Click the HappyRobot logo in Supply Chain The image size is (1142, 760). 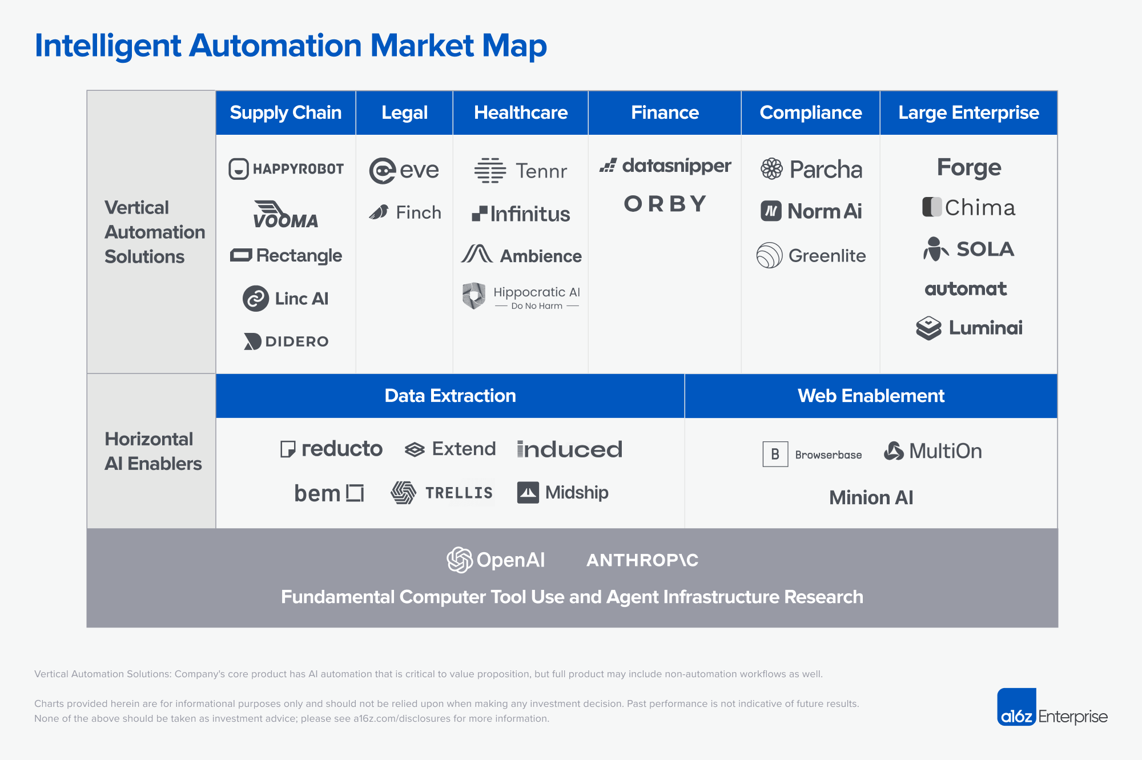pyautogui.click(x=286, y=169)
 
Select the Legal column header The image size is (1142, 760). pyautogui.click(x=404, y=112)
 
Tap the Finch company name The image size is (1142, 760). pyautogui.click(x=419, y=212)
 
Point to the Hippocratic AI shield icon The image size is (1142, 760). pyautogui.click(x=474, y=296)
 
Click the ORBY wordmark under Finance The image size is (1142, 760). pyautogui.click(x=665, y=204)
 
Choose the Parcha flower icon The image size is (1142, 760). pyautogui.click(x=771, y=169)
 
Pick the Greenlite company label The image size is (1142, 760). pyautogui.click(x=827, y=256)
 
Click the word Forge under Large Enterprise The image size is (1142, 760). pyautogui.click(x=969, y=167)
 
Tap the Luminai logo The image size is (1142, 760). pyautogui.click(x=969, y=328)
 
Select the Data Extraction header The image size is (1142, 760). pyautogui.click(x=450, y=396)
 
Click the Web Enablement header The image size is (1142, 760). pyautogui.click(x=871, y=396)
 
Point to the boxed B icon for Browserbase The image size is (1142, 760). pyautogui.click(x=775, y=454)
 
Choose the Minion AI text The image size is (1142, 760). pyautogui.click(x=871, y=497)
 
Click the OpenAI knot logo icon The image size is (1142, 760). pyautogui.click(x=460, y=560)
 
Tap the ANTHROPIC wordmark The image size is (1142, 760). pyautogui.click(x=642, y=560)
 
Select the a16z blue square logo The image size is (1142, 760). pyautogui.click(x=1016, y=707)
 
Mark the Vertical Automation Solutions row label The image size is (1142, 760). pyautogui.click(x=154, y=232)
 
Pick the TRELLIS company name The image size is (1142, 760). pyautogui.click(x=459, y=493)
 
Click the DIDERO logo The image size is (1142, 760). pyautogui.click(x=286, y=341)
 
